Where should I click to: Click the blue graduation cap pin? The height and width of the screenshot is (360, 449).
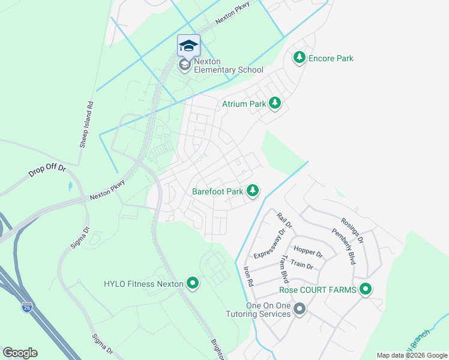188,46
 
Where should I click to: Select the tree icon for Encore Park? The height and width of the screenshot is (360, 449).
299,58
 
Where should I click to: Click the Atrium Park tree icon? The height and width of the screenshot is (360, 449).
275,104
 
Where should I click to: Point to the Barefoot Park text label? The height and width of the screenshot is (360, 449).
217,192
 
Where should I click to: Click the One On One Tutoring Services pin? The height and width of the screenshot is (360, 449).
300,309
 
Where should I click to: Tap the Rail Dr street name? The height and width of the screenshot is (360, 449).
284,221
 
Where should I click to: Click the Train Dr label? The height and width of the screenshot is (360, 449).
301,264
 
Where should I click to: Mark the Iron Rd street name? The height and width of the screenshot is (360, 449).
249,276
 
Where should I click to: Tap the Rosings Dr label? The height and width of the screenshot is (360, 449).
352,230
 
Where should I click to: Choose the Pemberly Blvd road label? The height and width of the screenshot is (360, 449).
343,246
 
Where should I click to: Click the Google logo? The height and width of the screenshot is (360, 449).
20,353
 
